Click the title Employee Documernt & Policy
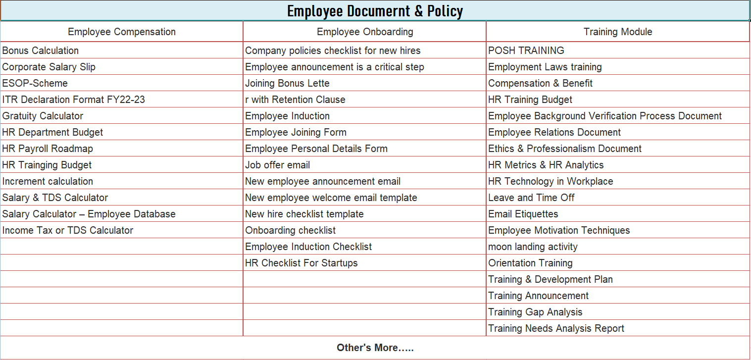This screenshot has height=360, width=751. [x=375, y=11]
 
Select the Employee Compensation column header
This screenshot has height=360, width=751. [x=122, y=32]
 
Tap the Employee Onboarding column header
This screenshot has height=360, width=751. [x=365, y=32]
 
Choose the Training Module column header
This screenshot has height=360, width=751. [x=618, y=32]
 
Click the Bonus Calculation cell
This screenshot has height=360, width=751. [x=41, y=51]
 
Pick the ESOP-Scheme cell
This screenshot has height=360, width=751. [x=35, y=83]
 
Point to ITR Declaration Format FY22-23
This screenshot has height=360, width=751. [x=74, y=100]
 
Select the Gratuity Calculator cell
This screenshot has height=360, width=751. [x=43, y=116]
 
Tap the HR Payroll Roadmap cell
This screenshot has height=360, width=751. [x=48, y=149]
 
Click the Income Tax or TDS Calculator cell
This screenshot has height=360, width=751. [x=68, y=230]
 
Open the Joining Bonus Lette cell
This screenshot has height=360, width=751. [x=287, y=83]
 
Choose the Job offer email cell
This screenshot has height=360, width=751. [x=278, y=165]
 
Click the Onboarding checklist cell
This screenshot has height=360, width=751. [x=291, y=230]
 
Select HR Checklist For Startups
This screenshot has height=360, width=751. [x=301, y=263]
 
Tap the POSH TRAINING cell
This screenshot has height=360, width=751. [x=526, y=51]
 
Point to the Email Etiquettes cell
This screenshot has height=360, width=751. [x=523, y=214]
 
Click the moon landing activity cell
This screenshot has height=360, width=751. [x=533, y=247]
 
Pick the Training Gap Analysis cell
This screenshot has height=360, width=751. [x=535, y=312]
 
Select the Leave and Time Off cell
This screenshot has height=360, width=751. [x=531, y=198]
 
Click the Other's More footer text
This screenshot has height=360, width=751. [x=375, y=348]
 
